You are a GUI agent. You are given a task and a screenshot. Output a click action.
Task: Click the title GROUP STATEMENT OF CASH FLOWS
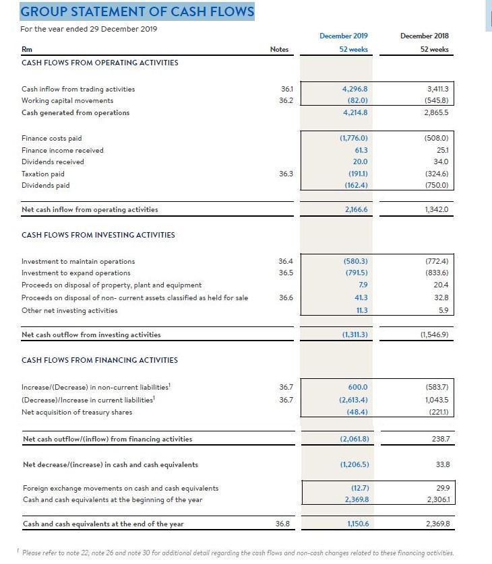137,11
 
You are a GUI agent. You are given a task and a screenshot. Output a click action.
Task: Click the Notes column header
279,49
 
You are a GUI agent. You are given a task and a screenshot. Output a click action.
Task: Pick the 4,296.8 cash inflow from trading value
355,89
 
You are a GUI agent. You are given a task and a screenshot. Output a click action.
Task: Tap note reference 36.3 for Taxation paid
286,173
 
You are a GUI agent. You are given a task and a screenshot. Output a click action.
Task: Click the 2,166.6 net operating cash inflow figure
355,209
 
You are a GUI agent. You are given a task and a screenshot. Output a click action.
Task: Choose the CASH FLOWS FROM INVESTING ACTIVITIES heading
98,235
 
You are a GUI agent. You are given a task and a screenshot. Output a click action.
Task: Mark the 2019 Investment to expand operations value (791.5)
355,273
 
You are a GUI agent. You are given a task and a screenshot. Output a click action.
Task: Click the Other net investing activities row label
69,310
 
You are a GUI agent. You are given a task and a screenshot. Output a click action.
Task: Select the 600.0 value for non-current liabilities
358,388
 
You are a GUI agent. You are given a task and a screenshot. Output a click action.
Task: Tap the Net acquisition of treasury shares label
77,412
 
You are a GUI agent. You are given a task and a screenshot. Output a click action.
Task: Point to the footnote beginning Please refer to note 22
238,553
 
